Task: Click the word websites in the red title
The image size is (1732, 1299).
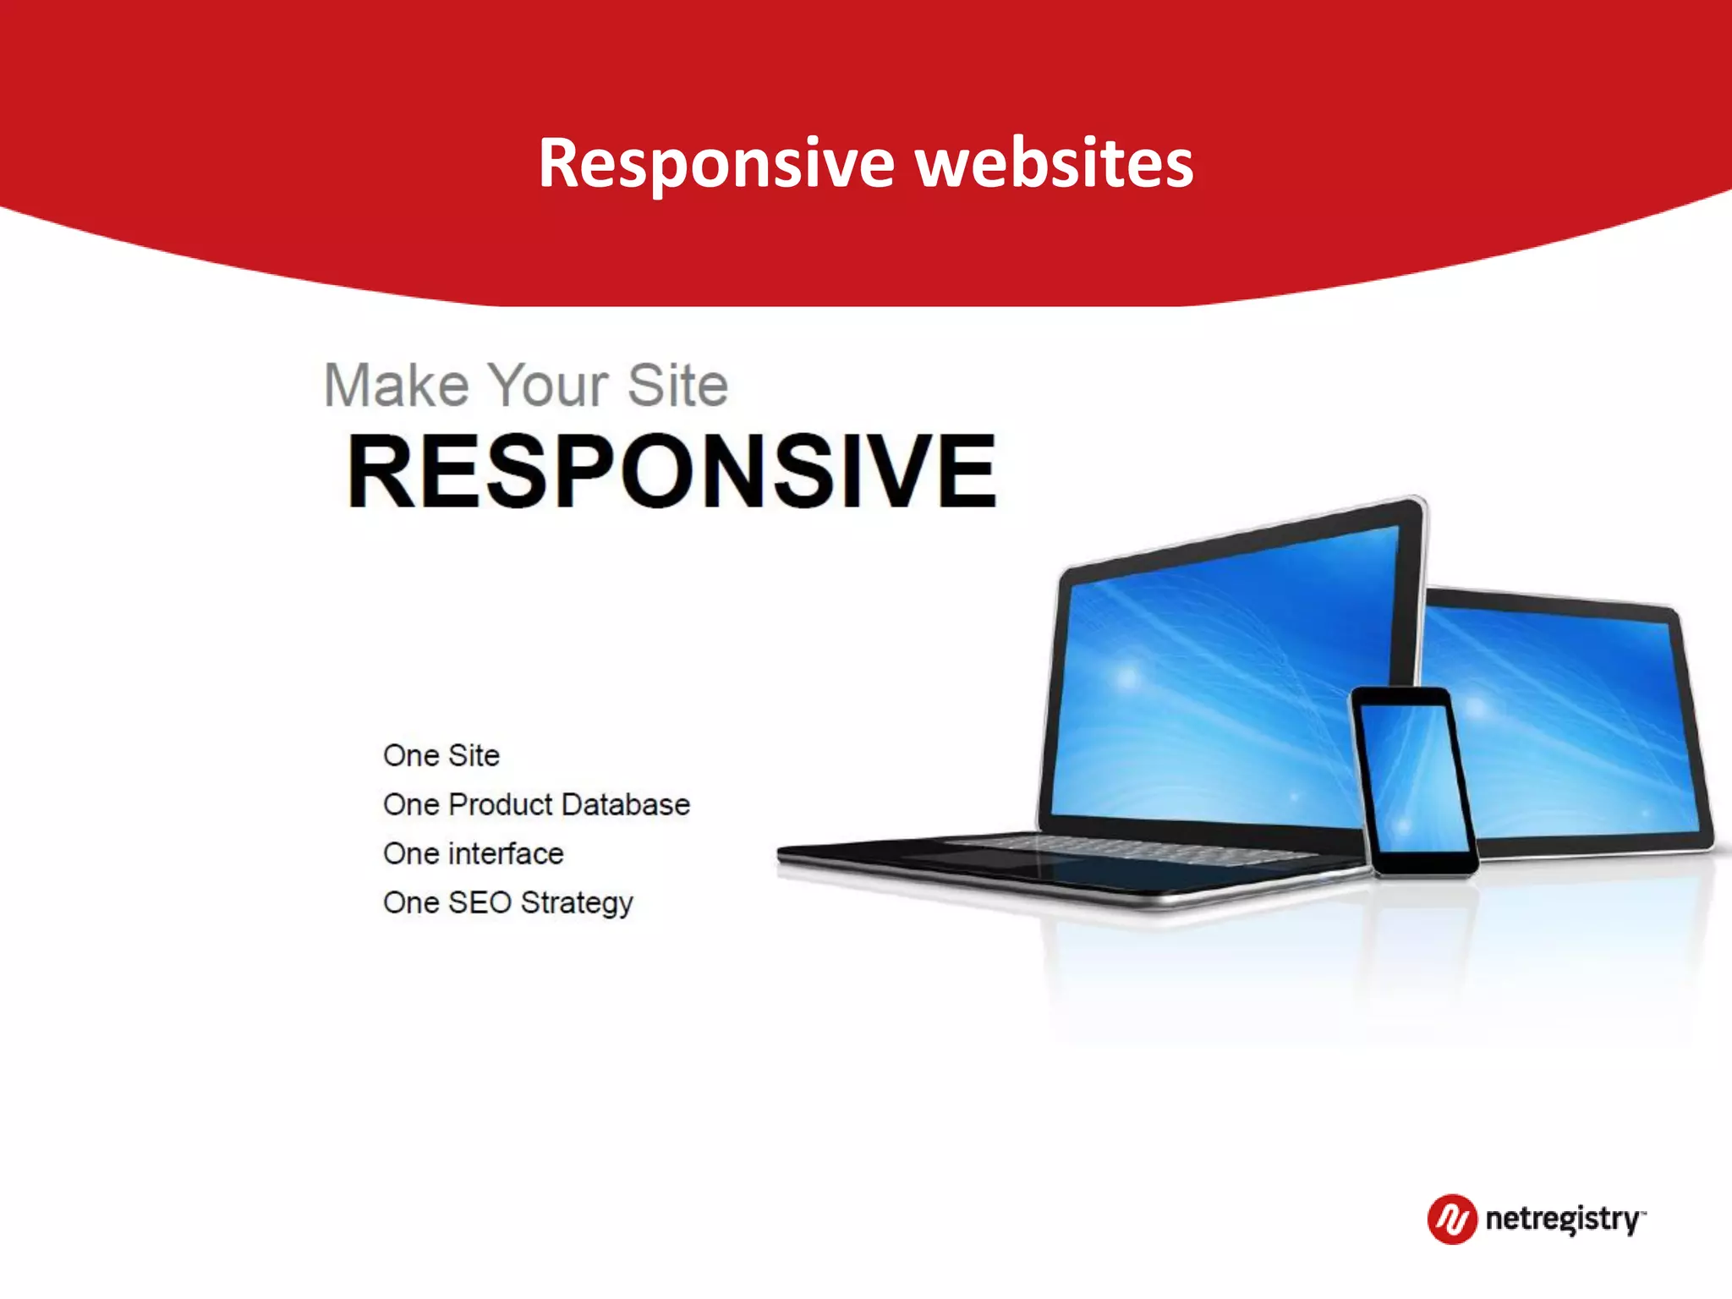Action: pos(1055,163)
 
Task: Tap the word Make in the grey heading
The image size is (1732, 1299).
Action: pos(396,386)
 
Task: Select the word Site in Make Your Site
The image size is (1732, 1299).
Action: pos(677,386)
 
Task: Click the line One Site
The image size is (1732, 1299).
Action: pos(441,755)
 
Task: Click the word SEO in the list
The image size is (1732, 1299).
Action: pos(480,902)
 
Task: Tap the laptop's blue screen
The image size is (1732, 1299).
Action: pos(1218,685)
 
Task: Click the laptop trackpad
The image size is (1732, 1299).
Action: pos(973,859)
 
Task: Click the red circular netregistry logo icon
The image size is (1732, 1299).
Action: pos(1451,1219)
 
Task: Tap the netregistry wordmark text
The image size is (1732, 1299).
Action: pos(1563,1219)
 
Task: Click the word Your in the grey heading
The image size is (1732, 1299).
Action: pos(549,386)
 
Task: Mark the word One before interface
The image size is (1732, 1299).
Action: pos(410,853)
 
